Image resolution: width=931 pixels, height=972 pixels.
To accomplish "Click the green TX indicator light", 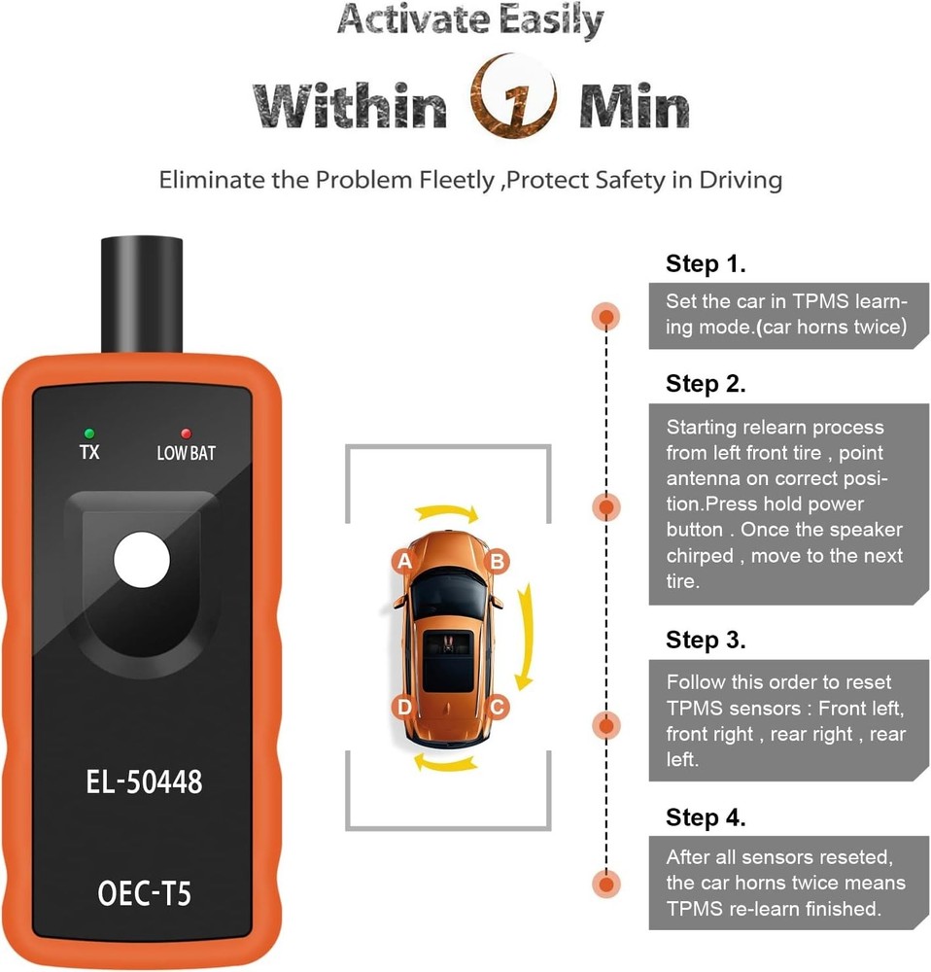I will (89, 433).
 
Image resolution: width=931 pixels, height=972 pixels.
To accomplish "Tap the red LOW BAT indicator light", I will (185, 433).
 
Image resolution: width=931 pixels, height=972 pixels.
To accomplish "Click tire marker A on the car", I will (404, 561).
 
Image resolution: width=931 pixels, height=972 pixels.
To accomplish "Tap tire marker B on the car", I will (496, 561).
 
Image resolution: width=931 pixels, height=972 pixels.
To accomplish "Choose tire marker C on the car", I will (496, 706).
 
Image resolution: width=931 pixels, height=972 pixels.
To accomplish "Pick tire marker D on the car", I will (404, 706).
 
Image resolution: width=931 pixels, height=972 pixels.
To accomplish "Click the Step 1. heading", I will (706, 263).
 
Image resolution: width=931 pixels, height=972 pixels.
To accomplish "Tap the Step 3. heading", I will (706, 641).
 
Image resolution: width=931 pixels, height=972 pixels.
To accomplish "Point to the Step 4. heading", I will (706, 817).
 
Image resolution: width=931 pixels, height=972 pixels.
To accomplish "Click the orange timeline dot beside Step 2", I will (606, 506).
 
